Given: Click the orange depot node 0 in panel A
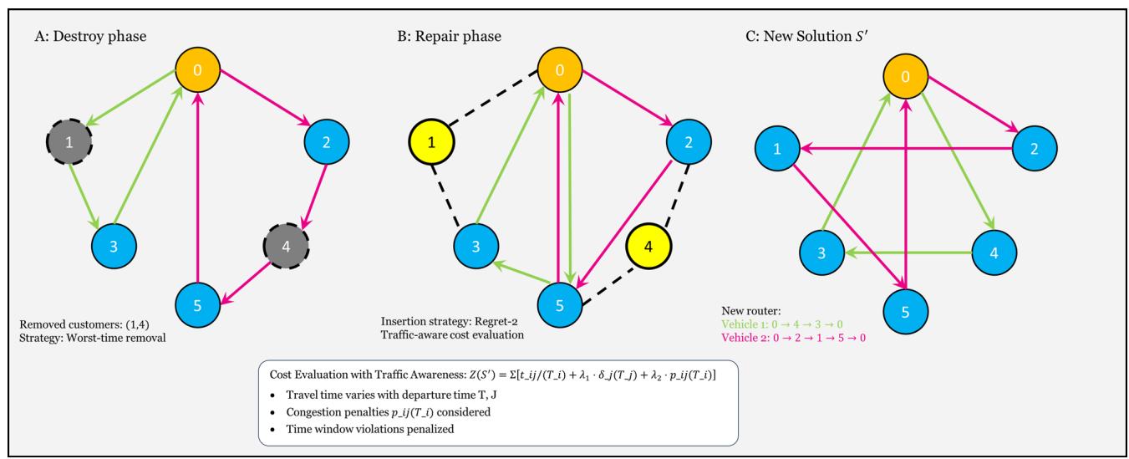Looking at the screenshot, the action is point(197,69).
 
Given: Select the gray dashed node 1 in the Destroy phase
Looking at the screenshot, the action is point(69,142).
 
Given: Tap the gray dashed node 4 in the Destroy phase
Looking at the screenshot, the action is point(287,246).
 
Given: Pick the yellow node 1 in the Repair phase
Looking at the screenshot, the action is point(431,142).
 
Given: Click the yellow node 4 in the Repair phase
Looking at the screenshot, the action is point(648,246).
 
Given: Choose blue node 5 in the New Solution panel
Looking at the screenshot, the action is point(905,312).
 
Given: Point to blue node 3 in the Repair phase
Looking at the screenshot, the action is point(476,246).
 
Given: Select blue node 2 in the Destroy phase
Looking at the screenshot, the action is point(327,142).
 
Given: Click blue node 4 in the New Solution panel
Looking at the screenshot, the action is point(994,252).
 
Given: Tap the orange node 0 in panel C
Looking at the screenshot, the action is point(905,77).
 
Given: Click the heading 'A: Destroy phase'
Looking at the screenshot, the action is point(90,36).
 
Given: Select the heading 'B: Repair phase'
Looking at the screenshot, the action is point(449,36).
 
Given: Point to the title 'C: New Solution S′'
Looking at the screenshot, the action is point(806,36).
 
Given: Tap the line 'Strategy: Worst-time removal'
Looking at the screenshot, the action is point(92,338).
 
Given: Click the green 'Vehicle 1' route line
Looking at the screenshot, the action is point(781,324).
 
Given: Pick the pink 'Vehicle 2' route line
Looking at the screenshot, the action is point(793,338).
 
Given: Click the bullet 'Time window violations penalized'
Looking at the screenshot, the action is point(370,429).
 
